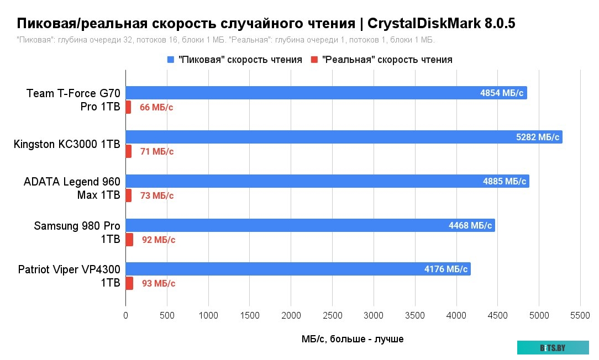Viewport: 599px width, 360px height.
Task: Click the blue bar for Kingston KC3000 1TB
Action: tap(343, 137)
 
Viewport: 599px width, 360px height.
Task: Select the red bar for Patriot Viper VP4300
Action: tap(129, 283)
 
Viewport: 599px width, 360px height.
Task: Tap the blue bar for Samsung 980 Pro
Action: tap(309, 225)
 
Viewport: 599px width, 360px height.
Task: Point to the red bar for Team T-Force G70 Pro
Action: tap(128, 107)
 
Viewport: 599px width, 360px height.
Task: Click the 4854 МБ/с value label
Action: tap(501, 93)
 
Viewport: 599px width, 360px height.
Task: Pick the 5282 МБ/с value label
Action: tap(537, 137)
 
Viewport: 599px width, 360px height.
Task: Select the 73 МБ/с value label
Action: tap(157, 195)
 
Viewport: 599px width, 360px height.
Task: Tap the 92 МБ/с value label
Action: tap(159, 240)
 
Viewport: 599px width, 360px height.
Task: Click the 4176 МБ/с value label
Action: tap(446, 269)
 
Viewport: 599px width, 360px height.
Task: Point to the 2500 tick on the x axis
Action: tap(332, 315)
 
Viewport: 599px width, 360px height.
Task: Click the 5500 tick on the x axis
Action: tap(580, 315)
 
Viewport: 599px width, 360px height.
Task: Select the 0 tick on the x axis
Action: tap(125, 315)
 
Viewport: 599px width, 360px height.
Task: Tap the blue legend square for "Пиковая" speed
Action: tap(170, 60)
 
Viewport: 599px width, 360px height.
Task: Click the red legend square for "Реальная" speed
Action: tap(314, 60)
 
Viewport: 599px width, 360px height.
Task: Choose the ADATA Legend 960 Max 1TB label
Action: tap(72, 188)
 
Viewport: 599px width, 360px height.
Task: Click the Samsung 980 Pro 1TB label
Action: tap(77, 232)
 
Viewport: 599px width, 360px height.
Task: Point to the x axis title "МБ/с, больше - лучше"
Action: tap(353, 339)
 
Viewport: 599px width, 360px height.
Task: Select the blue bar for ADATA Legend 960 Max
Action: tap(326, 181)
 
